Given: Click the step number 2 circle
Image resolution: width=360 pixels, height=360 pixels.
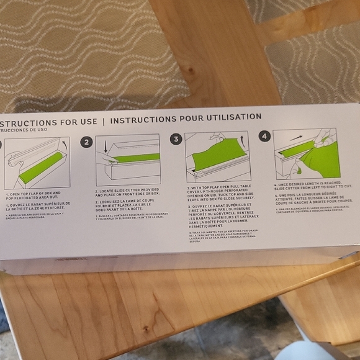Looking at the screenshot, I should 87,142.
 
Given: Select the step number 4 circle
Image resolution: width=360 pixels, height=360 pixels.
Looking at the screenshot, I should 264,136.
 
